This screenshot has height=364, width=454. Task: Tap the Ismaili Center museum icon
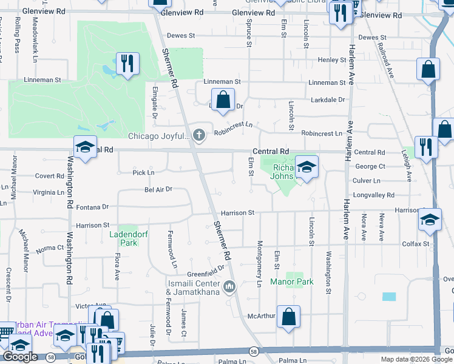[x=229, y=286]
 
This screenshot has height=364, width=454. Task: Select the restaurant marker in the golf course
[x=127, y=64]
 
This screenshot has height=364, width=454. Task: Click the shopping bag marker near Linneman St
[x=223, y=99]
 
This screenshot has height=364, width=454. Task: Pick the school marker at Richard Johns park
[x=307, y=167]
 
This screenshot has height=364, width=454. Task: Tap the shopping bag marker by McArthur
[x=288, y=316]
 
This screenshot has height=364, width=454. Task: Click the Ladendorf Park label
[x=124, y=238]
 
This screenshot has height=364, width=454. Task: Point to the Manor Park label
[x=300, y=282]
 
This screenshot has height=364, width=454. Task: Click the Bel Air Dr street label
[x=158, y=189]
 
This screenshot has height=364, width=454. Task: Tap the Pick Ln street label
[x=143, y=173]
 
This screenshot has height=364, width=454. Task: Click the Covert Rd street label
[x=49, y=176]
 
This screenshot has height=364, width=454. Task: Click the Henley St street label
[x=331, y=60]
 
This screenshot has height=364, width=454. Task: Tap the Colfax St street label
[x=416, y=244]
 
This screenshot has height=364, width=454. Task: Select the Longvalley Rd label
[x=374, y=195]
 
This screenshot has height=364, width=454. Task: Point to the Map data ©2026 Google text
[x=416, y=359]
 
